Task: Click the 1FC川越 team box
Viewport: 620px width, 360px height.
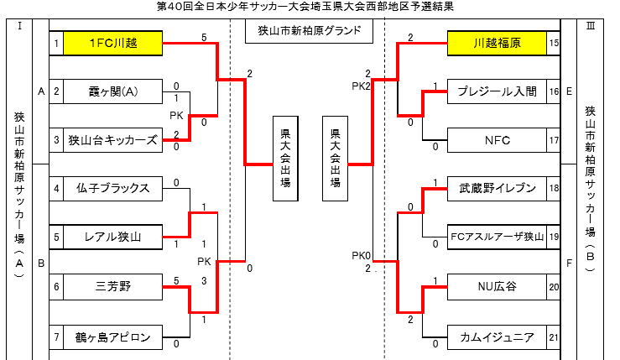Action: (x=112, y=43)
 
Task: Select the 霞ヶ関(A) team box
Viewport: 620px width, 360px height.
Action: (x=112, y=91)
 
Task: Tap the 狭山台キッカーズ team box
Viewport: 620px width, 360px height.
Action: (x=112, y=140)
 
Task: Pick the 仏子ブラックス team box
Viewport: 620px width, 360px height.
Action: (x=112, y=189)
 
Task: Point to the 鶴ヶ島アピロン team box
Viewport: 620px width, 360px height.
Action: (x=112, y=337)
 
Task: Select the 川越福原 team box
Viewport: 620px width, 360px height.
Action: (x=497, y=43)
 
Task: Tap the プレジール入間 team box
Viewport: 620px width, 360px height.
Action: (x=497, y=91)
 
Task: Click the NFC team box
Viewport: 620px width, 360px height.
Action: (x=497, y=140)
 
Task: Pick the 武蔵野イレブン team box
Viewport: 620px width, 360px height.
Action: (x=497, y=189)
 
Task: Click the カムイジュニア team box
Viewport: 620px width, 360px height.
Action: (x=497, y=337)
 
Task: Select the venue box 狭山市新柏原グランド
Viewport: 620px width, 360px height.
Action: (x=309, y=32)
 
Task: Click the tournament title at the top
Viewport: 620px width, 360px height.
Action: (x=310, y=7)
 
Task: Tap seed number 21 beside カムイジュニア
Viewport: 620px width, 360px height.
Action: (x=554, y=337)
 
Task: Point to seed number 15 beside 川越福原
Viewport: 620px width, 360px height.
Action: (x=554, y=43)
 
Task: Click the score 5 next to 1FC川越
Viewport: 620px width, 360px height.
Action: (x=204, y=37)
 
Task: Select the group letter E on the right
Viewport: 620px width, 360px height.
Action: (x=570, y=91)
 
